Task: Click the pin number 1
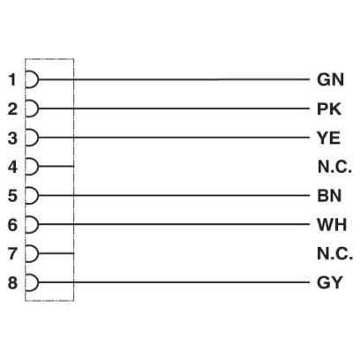12,79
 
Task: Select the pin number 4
12,167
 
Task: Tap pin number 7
12,253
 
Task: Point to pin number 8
12,282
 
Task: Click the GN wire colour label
330,79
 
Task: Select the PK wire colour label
329,109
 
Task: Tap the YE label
328,138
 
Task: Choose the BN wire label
329,196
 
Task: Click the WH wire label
332,224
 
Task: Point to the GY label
330,282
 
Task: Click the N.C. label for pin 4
334,167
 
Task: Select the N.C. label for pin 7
334,253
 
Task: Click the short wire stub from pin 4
56,167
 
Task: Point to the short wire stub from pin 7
56,253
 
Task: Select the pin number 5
12,196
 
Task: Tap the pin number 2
12,109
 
